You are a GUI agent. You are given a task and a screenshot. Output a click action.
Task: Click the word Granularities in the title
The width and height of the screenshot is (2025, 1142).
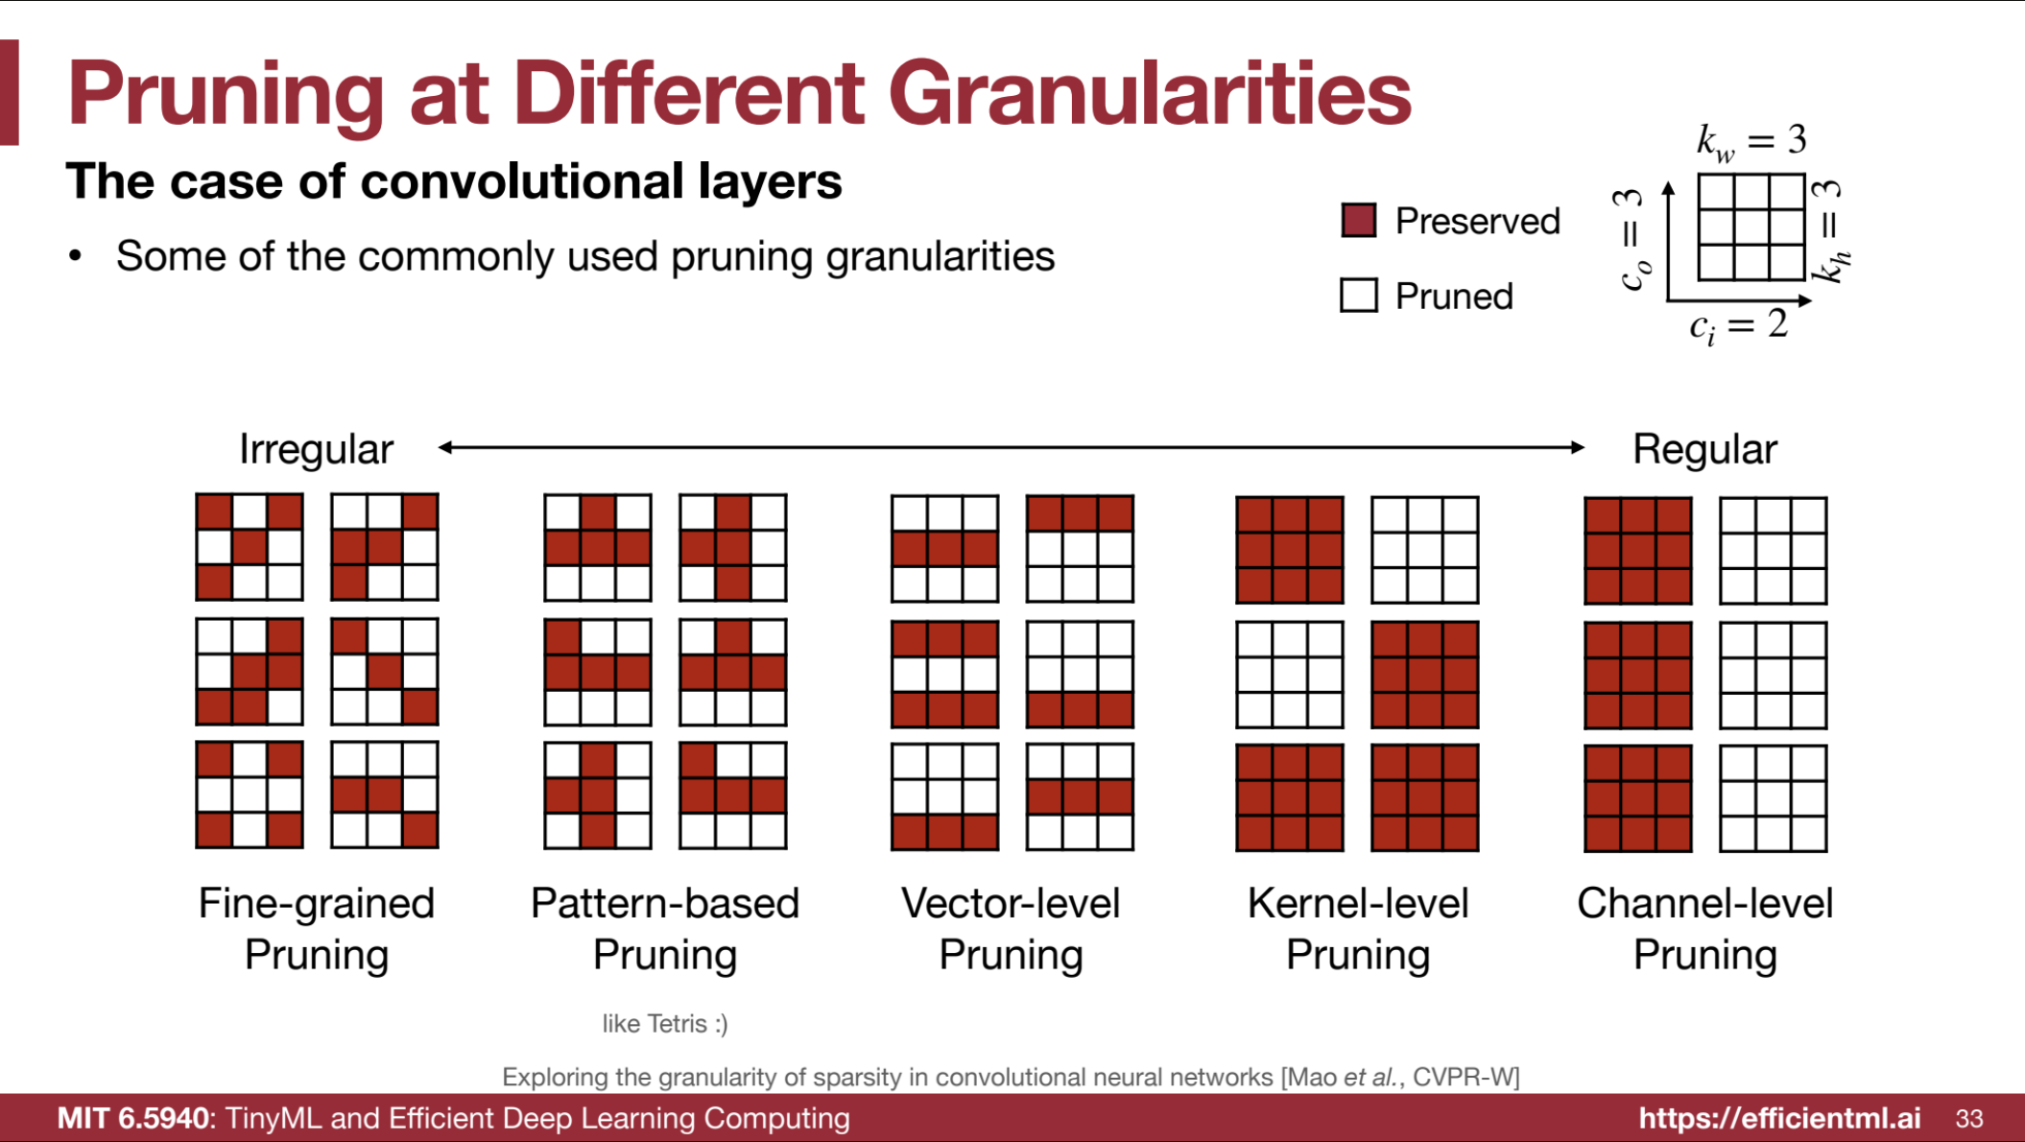click(1150, 93)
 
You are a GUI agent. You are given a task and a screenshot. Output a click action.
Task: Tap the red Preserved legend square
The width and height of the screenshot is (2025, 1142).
click(1359, 221)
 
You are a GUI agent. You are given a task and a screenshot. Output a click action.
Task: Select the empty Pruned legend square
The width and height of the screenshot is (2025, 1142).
click(1359, 296)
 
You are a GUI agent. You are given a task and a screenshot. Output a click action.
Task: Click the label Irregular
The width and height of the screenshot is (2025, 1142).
click(316, 449)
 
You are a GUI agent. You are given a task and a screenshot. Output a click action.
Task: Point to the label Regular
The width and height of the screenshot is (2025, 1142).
click(1705, 449)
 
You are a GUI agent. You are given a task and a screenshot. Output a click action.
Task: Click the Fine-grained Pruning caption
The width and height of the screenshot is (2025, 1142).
click(317, 929)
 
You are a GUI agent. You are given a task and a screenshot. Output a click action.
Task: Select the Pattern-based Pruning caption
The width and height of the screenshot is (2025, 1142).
click(665, 929)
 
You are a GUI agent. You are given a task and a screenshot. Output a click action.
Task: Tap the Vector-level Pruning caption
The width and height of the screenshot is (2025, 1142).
click(1011, 929)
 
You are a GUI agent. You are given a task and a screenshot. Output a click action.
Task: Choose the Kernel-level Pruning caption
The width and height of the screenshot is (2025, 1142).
click(1358, 929)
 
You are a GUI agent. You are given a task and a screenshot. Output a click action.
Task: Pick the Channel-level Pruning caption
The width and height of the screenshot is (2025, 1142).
click(1705, 929)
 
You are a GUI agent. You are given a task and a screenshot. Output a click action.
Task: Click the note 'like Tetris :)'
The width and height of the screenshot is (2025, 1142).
click(665, 1024)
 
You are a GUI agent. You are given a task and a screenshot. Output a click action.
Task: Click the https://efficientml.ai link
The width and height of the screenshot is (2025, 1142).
click(1780, 1118)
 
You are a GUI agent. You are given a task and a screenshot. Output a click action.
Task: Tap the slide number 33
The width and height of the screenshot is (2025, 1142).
click(1969, 1119)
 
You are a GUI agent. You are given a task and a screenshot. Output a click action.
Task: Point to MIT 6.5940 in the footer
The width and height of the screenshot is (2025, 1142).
click(132, 1118)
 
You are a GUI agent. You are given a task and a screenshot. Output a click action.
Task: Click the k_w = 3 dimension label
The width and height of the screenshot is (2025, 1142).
click(1751, 142)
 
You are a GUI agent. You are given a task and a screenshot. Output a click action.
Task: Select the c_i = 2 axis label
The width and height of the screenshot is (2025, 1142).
click(1739, 326)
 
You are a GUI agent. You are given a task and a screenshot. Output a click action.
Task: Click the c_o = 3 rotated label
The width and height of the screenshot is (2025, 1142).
click(1632, 239)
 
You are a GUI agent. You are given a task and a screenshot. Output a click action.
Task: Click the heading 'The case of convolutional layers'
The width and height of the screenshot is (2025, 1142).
click(454, 181)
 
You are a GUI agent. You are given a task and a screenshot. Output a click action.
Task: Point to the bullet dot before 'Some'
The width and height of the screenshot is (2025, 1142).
click(75, 256)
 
